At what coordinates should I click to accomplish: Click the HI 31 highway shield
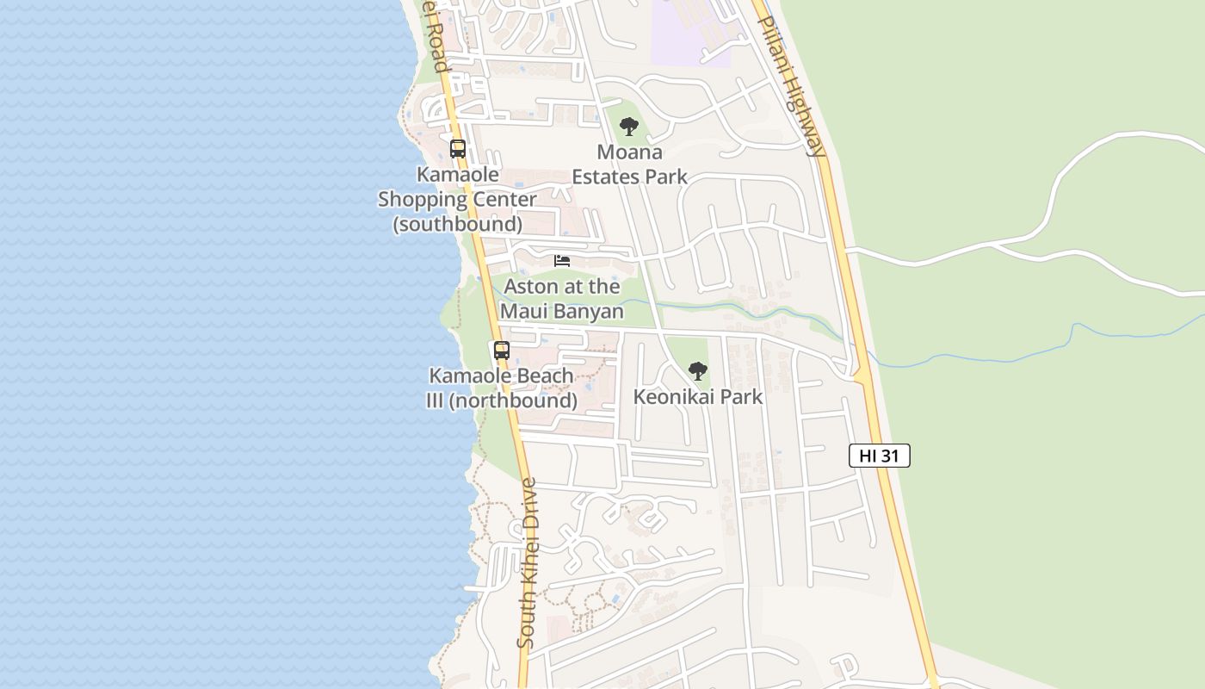(879, 456)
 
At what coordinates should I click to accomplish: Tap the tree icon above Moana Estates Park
(629, 127)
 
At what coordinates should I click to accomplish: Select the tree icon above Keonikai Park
(698, 371)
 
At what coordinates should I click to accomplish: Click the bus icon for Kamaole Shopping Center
(458, 148)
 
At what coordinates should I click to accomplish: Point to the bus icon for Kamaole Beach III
(502, 351)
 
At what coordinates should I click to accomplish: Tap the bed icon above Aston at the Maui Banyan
(562, 260)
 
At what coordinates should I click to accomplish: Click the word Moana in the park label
(630, 152)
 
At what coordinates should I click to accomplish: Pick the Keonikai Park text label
(698, 397)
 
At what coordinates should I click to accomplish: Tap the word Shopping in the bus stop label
(427, 200)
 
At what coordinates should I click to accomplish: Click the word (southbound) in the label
(457, 224)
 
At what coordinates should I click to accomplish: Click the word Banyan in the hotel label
(590, 311)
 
